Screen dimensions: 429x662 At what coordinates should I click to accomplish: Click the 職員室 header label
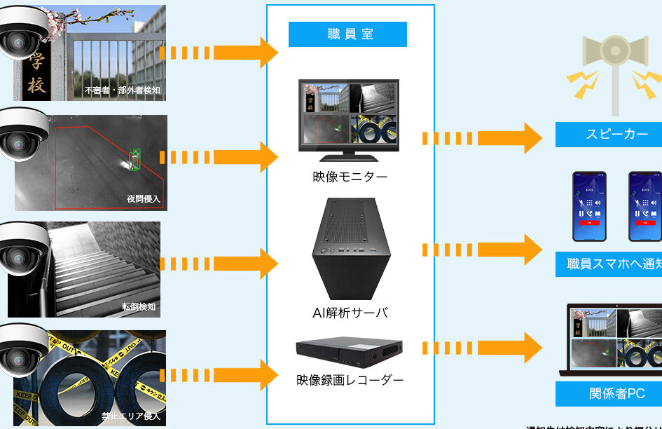point(347,34)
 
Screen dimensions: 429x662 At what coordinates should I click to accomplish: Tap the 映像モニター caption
point(350,177)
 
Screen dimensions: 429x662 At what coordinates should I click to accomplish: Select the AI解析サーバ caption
point(350,313)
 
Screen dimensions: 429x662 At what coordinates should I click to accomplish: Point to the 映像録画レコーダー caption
point(350,380)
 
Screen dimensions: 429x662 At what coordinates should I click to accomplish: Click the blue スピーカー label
point(608,135)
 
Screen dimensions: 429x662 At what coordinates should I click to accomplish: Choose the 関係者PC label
point(608,393)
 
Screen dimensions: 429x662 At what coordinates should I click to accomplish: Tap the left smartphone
point(589,206)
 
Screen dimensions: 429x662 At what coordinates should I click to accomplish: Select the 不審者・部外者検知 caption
point(122,90)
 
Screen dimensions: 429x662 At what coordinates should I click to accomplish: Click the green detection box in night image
point(134,159)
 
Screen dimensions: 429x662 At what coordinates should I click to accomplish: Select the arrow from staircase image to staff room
point(220,264)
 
